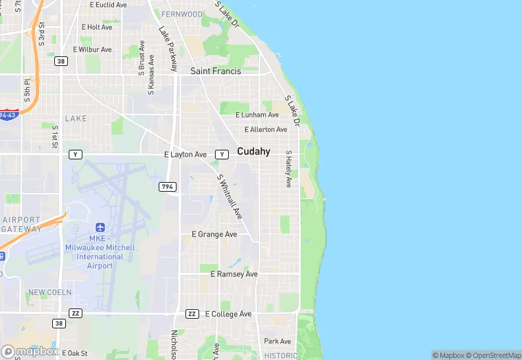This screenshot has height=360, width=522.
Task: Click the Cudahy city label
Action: point(253,151)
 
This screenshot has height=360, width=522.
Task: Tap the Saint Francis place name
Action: point(216,71)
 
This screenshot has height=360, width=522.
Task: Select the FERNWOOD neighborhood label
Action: point(182,14)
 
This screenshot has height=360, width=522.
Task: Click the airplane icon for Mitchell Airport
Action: point(100,227)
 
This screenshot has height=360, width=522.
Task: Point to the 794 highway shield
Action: point(168,187)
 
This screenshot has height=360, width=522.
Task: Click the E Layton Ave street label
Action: point(185,155)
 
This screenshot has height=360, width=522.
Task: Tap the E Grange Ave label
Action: point(214,234)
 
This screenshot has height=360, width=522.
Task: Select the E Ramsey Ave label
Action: point(234,274)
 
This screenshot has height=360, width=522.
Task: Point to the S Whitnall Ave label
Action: point(230,196)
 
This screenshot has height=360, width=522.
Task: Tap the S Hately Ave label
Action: point(289,169)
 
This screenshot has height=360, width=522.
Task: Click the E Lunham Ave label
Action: point(257,115)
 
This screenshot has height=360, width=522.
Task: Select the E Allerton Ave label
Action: point(265,129)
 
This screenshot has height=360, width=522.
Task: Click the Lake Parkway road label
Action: point(168,48)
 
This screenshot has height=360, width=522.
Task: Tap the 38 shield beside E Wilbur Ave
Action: point(62,61)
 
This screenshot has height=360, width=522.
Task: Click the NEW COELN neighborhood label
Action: point(50,293)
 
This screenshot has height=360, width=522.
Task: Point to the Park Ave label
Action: point(277,341)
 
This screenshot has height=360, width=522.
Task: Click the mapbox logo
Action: point(30,351)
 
